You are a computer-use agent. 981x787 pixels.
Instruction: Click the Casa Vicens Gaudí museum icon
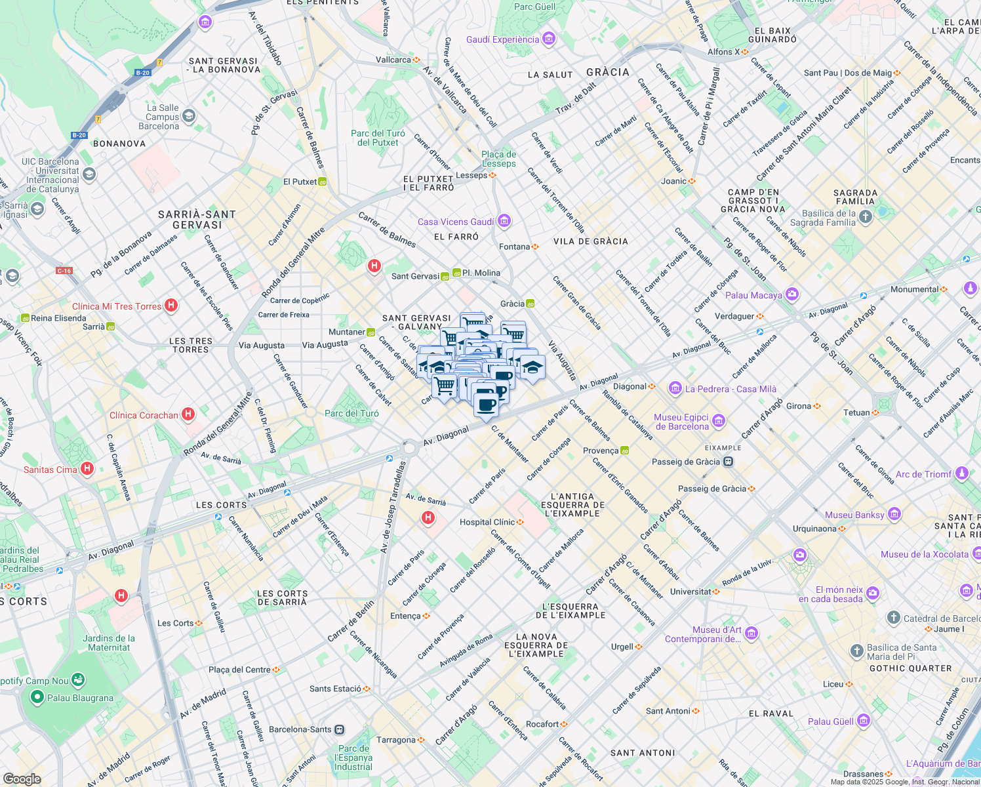504,221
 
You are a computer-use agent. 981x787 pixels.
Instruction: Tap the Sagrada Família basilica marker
866,217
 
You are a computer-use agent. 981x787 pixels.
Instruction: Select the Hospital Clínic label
487,522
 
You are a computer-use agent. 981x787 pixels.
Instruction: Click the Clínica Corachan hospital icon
188,414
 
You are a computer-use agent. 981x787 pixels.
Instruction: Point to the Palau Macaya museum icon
791,294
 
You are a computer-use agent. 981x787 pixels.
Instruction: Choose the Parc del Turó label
351,413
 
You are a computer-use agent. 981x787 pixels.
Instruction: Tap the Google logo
22,778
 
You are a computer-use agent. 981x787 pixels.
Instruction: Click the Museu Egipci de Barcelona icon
718,420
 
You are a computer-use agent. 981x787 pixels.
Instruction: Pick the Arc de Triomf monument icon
961,473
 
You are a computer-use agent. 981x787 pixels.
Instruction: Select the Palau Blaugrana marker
37,697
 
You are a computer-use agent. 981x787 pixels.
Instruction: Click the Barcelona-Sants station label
300,729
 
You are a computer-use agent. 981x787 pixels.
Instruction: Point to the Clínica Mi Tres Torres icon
171,305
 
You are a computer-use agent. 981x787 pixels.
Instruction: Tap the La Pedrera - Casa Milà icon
675,388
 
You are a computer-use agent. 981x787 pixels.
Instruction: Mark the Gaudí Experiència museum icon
549,39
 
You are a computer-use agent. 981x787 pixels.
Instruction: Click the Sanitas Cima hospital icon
87,468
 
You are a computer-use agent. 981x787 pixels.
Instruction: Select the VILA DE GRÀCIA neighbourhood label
590,241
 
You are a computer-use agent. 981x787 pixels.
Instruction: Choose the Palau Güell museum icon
863,721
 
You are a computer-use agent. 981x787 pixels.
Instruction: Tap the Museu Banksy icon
894,515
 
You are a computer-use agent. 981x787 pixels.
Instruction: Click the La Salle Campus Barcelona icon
189,116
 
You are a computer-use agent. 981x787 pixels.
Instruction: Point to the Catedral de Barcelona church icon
893,618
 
